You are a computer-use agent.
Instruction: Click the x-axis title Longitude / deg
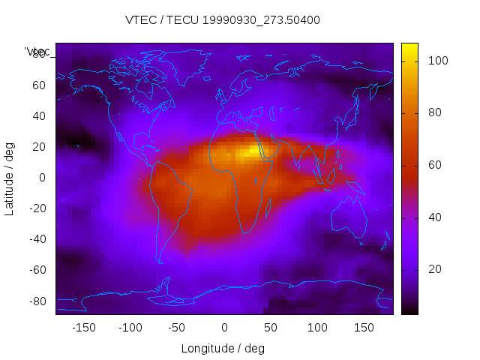223,348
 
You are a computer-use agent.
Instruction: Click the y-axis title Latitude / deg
10,178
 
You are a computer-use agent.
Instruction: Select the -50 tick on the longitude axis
177,328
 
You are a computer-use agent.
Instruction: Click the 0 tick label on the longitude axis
224,328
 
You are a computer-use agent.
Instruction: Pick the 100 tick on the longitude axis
317,328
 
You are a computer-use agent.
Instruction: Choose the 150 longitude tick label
364,328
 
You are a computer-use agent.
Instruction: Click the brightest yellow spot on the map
250,151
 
